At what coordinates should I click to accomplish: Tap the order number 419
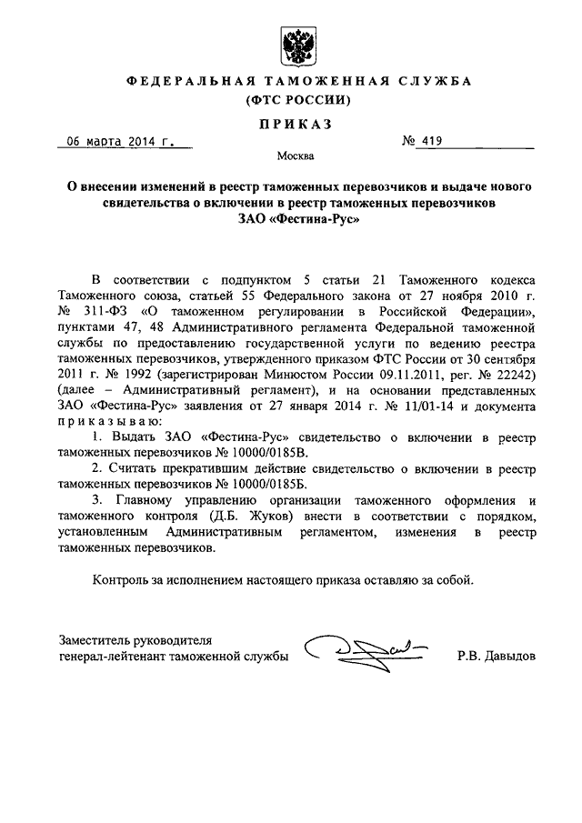click(x=430, y=141)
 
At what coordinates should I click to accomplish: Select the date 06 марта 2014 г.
click(x=118, y=142)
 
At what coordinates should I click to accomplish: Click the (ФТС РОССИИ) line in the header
click(x=291, y=99)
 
